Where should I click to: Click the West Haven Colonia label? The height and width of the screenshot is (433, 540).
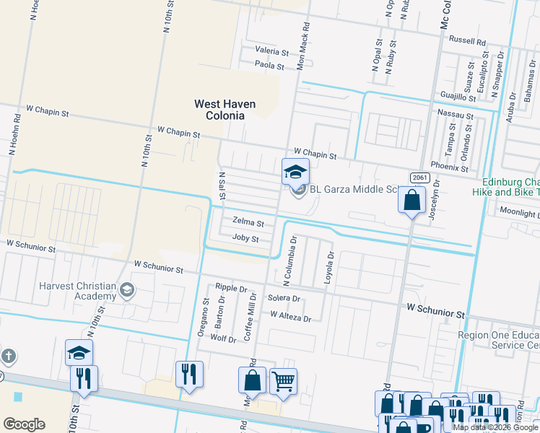(225, 110)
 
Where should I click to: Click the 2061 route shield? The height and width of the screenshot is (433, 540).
(419, 178)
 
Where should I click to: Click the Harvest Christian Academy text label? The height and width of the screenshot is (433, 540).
(79, 291)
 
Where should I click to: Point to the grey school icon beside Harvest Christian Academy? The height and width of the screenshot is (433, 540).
(127, 290)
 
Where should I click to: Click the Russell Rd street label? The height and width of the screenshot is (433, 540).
(467, 41)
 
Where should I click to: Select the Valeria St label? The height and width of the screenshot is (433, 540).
(271, 52)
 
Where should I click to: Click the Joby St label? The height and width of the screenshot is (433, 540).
(245, 238)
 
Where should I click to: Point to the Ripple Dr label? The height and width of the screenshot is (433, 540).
(230, 287)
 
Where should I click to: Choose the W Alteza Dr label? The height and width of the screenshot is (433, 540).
(290, 317)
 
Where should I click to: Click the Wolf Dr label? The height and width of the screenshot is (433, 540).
(223, 338)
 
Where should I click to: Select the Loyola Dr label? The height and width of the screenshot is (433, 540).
(331, 266)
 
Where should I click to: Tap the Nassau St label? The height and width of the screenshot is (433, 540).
(456, 115)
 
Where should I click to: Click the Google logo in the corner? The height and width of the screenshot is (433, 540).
(24, 424)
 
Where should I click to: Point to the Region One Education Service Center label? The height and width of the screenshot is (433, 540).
(499, 341)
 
